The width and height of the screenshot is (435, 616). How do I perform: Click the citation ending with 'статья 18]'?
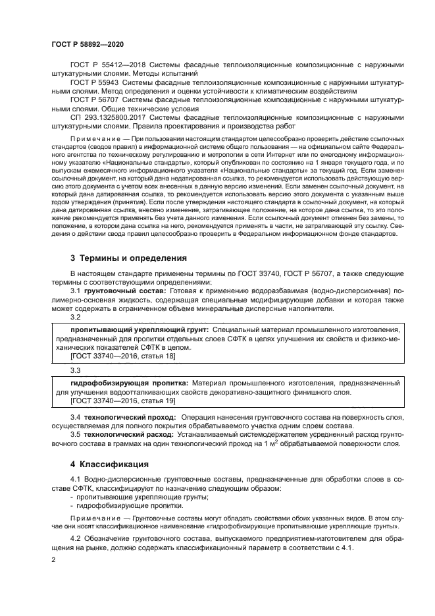pyautogui.click(x=122, y=356)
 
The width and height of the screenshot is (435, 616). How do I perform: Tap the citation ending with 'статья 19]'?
pyautogui.click(x=122, y=401)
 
